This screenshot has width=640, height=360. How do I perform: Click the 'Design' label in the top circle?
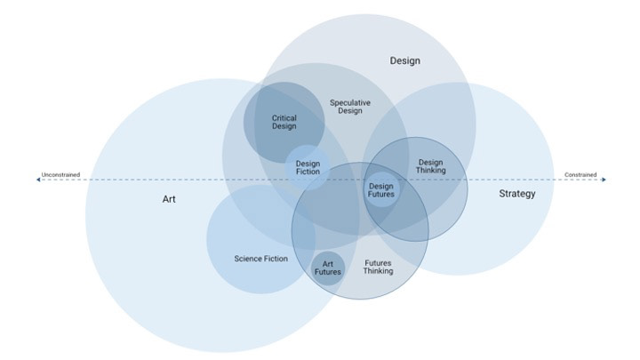point(404,61)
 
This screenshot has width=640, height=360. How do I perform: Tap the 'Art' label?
point(169,199)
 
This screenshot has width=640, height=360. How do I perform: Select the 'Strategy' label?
point(516,193)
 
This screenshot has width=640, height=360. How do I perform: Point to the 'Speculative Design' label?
point(350,108)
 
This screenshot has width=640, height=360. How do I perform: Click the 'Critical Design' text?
point(284,122)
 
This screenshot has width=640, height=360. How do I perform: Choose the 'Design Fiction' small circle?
point(308,168)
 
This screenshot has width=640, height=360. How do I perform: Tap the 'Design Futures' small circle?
point(381,190)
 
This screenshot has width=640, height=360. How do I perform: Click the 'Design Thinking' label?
point(430,166)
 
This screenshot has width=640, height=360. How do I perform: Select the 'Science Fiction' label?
point(260,259)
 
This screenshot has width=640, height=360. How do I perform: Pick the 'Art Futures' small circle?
point(327,268)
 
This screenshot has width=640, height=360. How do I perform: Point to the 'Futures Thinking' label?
point(378,267)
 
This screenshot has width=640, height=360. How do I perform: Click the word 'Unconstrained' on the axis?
point(60,175)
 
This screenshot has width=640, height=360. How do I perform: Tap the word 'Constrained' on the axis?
point(580,175)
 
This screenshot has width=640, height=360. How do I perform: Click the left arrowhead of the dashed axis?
point(38,180)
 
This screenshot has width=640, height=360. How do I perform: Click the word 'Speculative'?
point(350,103)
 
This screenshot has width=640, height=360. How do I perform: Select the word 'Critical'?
point(284,117)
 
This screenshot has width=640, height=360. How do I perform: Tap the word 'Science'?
point(249,259)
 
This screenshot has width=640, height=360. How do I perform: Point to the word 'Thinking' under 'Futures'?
point(378,271)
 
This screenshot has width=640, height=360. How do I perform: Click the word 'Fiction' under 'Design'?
point(308,172)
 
